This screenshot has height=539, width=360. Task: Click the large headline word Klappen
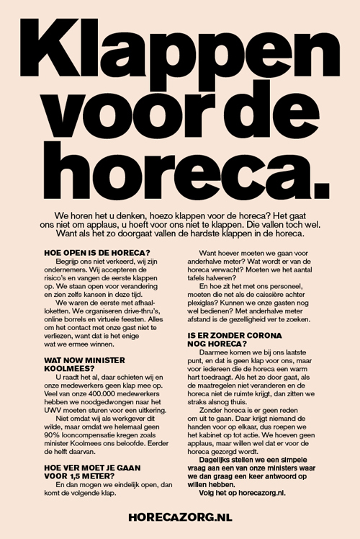180,50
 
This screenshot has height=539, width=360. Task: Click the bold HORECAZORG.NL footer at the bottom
179,516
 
